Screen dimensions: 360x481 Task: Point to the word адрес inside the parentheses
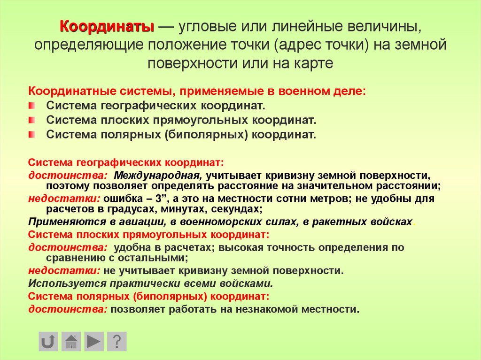pos(303,45)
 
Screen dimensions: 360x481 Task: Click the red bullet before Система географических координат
pos(31,105)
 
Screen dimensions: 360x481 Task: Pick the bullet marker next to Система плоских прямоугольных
pos(31,120)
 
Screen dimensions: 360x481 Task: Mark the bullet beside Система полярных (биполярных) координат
pos(31,135)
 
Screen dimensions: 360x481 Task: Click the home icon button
pos(71,341)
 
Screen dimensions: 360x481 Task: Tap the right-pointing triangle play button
pos(94,341)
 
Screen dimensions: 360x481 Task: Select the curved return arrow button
pos(48,341)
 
